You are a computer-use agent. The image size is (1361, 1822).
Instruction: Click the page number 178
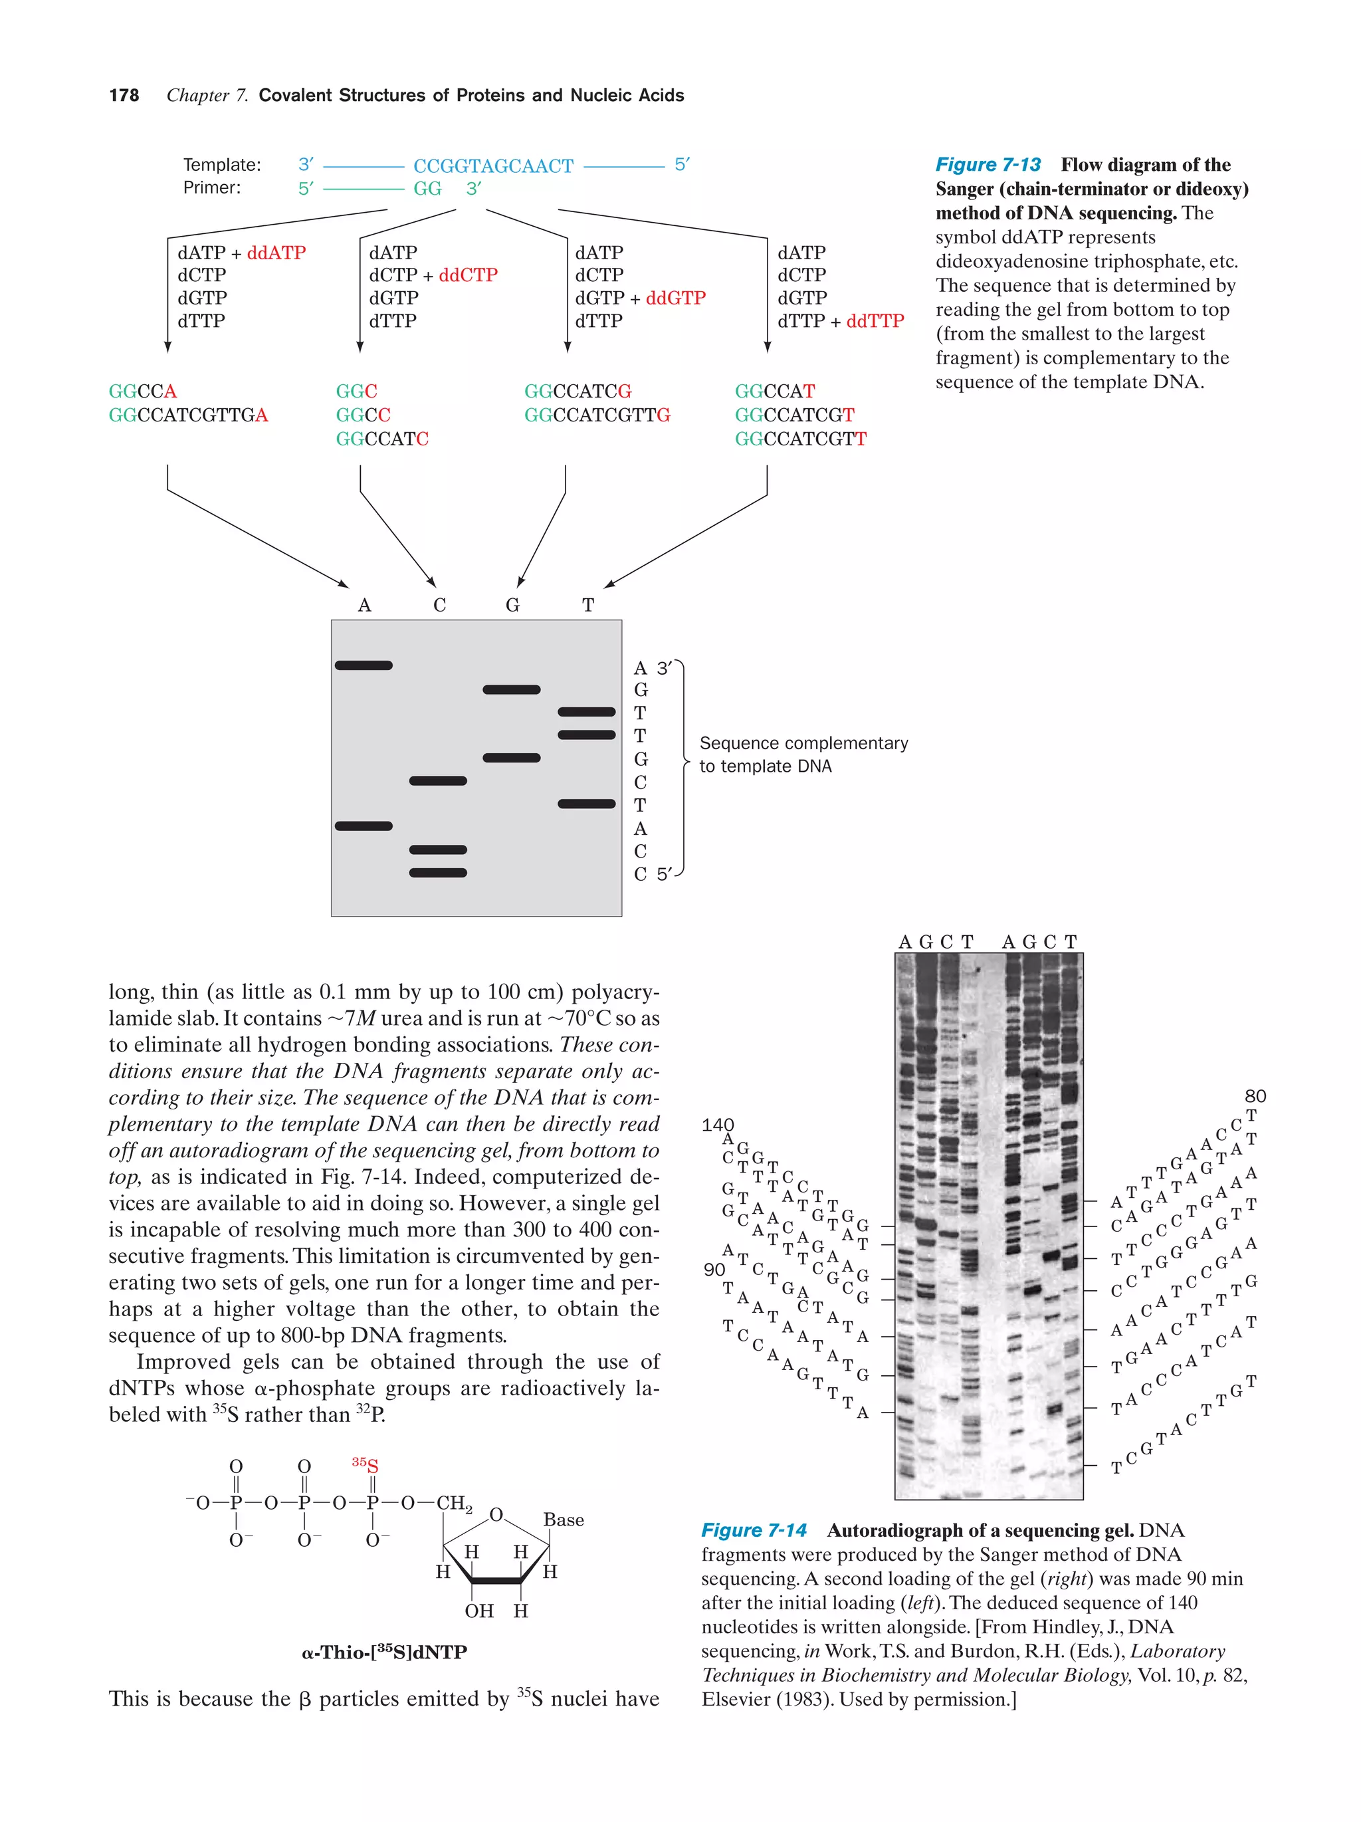tap(124, 96)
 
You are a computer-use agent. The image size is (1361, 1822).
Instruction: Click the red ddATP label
tap(276, 253)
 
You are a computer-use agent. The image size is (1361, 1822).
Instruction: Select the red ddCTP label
tap(468, 275)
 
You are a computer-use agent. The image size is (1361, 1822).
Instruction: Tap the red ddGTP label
tap(675, 298)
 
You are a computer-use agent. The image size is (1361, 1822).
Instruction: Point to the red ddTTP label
tap(875, 321)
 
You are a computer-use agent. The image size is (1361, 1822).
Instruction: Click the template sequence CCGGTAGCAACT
tap(492, 166)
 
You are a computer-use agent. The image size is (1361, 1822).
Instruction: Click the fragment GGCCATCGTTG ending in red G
tap(597, 415)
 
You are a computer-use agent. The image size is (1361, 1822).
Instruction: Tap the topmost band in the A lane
tap(363, 665)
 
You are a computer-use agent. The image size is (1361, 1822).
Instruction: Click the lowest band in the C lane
tap(438, 873)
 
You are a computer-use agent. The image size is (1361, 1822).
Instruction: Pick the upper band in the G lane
tap(511, 689)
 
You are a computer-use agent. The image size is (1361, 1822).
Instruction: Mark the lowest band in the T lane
tap(586, 804)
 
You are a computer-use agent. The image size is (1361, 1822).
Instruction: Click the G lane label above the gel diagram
tap(512, 606)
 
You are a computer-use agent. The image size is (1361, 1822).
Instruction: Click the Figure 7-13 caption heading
tap(988, 165)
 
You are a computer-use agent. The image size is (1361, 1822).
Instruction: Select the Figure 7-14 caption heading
tap(754, 1530)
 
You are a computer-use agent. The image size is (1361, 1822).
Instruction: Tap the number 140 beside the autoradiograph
tap(717, 1125)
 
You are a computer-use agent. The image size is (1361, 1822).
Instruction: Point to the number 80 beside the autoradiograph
tap(1255, 1096)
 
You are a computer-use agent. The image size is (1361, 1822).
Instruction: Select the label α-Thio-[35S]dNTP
tap(385, 1652)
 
